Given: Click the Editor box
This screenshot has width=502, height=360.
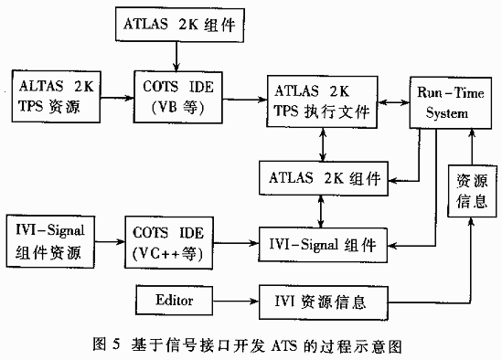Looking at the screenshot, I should point(174,299).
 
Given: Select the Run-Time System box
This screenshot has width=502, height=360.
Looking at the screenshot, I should point(443,101).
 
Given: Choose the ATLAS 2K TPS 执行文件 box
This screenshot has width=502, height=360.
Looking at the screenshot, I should point(321,101).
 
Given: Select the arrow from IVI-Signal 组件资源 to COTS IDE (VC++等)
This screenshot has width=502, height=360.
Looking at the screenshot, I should point(111,242).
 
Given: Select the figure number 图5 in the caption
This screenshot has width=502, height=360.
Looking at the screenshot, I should point(108,346).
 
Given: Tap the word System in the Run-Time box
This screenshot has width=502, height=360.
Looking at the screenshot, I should point(443,112).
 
